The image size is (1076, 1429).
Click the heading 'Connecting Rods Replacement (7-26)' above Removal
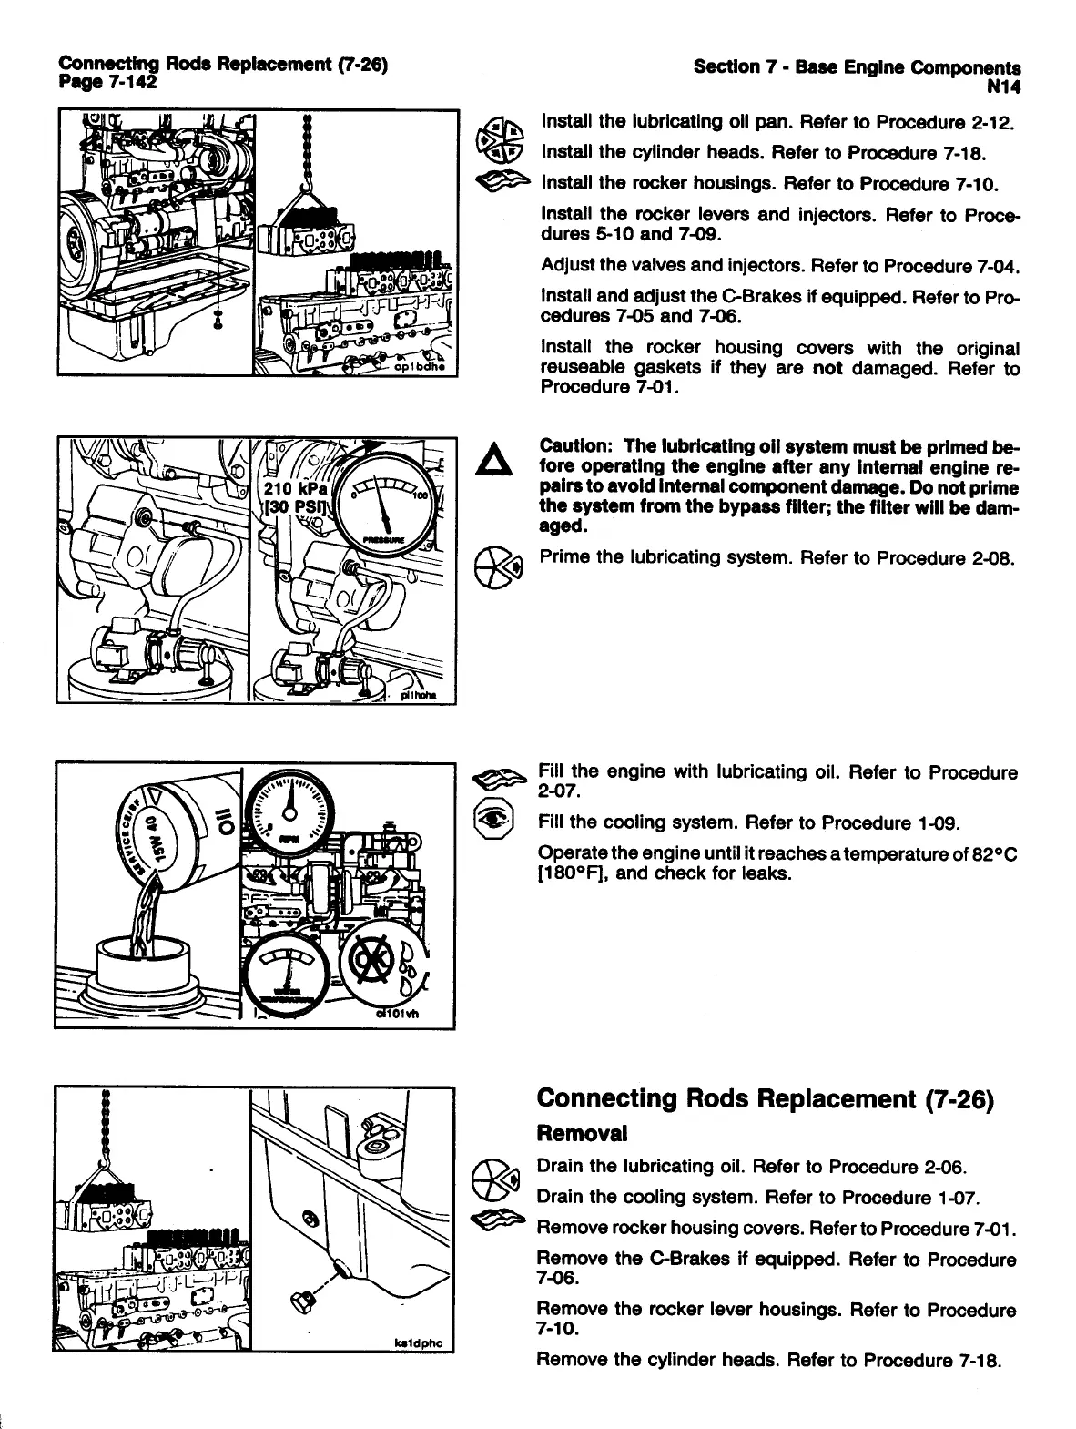click(x=764, y=1098)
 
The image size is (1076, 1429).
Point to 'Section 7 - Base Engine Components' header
click(x=856, y=66)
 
